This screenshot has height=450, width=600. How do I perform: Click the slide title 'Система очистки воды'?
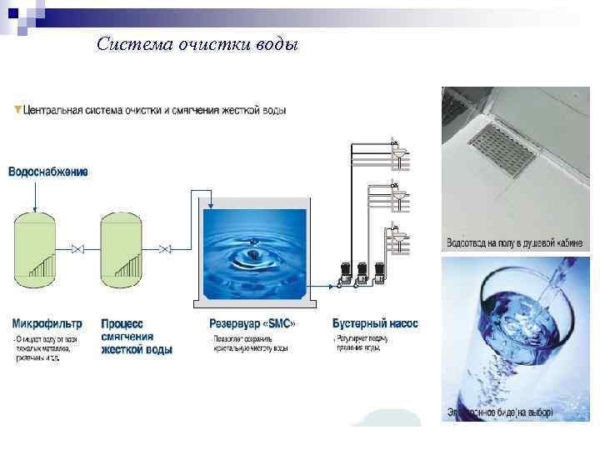[x=197, y=43]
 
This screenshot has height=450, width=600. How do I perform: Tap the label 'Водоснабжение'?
[x=48, y=172]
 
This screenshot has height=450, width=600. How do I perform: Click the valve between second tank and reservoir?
[x=166, y=249]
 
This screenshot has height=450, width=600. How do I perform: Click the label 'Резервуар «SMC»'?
[x=252, y=322]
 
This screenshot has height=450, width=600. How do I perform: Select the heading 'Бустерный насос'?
[x=375, y=322]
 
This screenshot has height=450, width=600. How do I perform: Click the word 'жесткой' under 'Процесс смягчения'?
[x=119, y=350]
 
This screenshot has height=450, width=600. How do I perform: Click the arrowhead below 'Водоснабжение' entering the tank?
[x=36, y=207]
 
